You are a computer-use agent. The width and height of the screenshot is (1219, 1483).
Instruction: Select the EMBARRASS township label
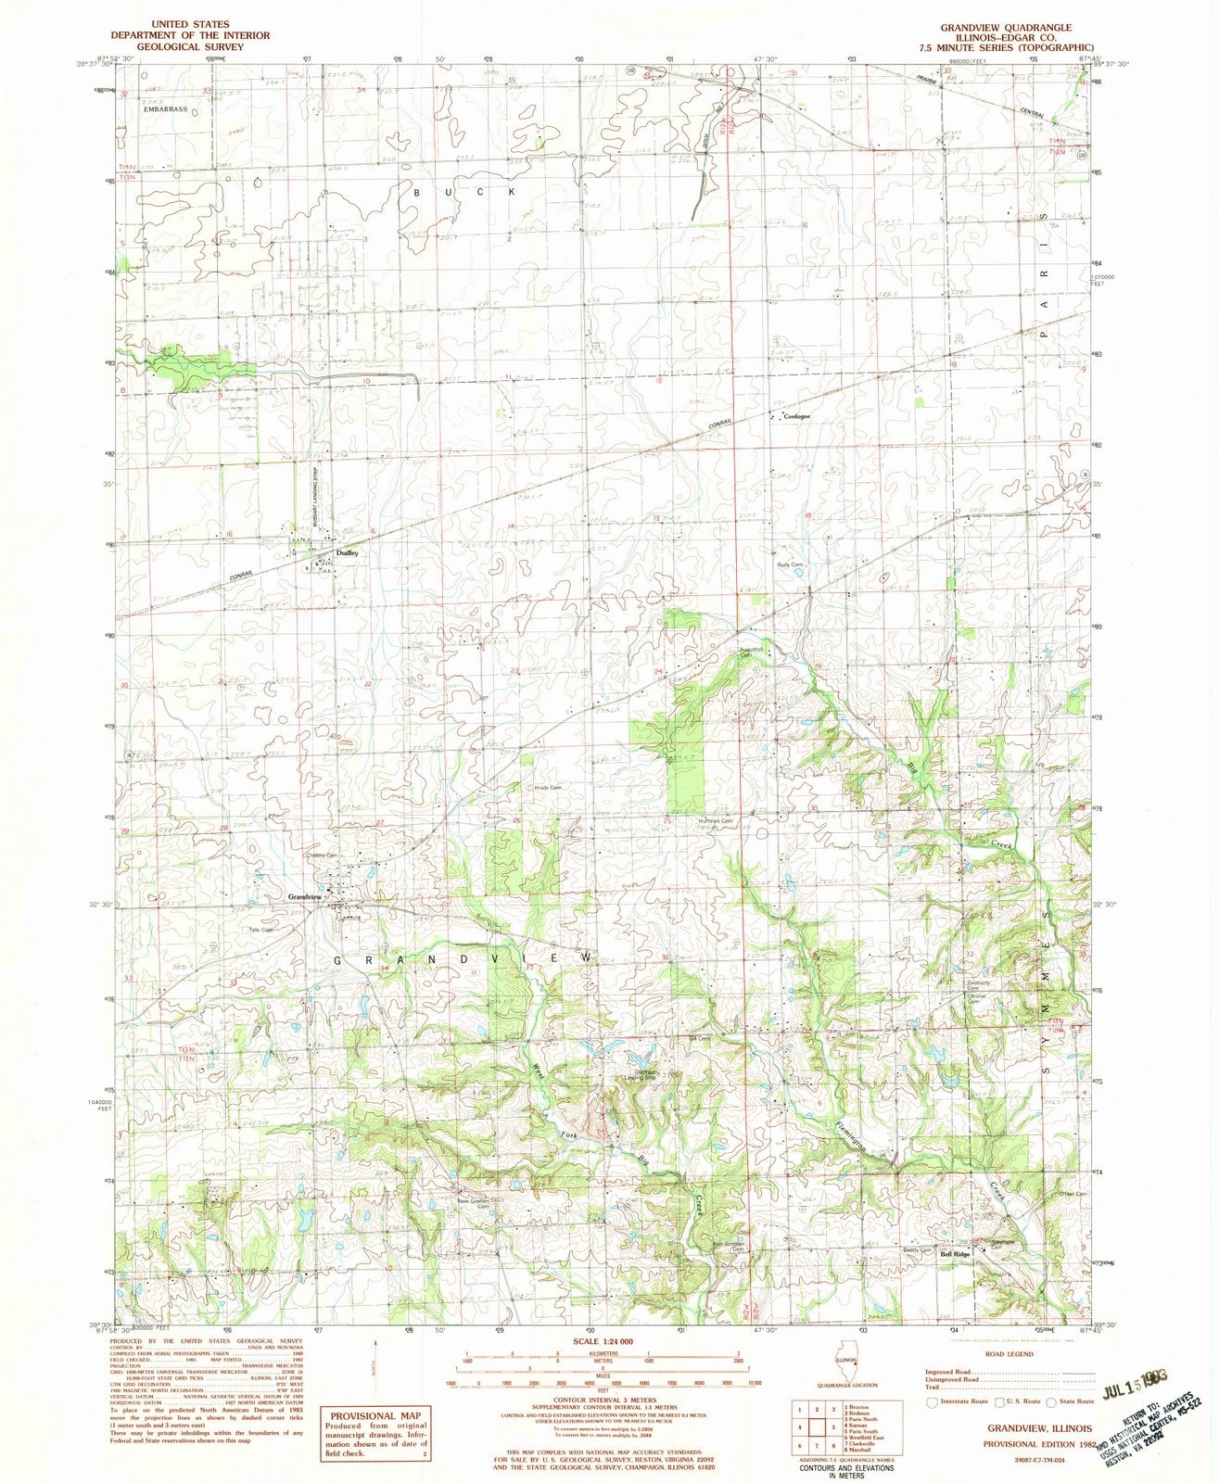coord(166,109)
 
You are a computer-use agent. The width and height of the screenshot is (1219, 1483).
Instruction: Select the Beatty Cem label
coord(917,1250)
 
